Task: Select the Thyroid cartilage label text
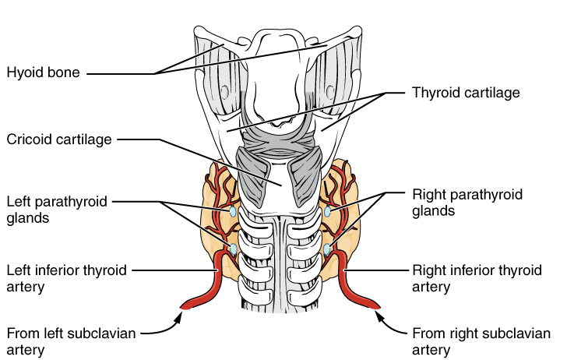pyautogui.click(x=465, y=94)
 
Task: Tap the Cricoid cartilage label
pyautogui.click(x=59, y=139)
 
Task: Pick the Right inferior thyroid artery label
pyautogui.click(x=475, y=278)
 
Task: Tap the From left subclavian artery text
pyautogui.click(x=71, y=341)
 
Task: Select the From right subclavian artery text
pyautogui.click(x=481, y=341)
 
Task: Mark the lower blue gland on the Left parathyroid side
pyautogui.click(x=232, y=249)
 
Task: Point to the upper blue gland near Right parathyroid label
pyautogui.click(x=328, y=211)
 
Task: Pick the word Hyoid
pyautogui.click(x=23, y=73)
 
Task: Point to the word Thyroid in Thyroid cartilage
pyautogui.click(x=434, y=94)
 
